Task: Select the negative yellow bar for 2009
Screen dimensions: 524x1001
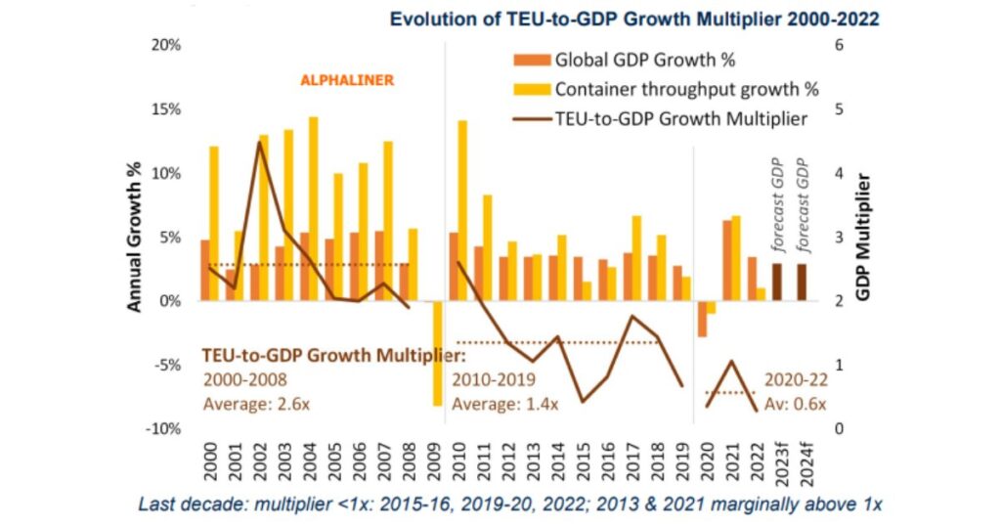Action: tap(437, 353)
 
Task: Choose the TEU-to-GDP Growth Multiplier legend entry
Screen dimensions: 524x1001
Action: tap(665, 119)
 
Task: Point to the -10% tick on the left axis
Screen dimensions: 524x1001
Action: tap(163, 429)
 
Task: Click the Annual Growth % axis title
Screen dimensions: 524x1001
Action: tap(135, 237)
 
